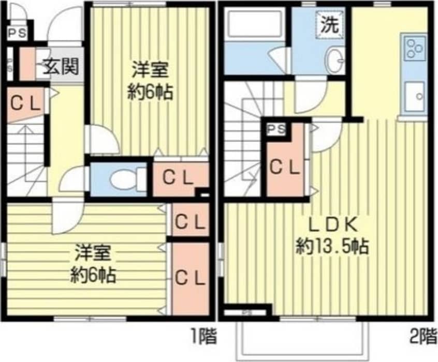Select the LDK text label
click(331, 225)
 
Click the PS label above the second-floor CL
click(276, 129)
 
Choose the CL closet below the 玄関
click(25, 104)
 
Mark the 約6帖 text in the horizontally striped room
click(93, 274)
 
